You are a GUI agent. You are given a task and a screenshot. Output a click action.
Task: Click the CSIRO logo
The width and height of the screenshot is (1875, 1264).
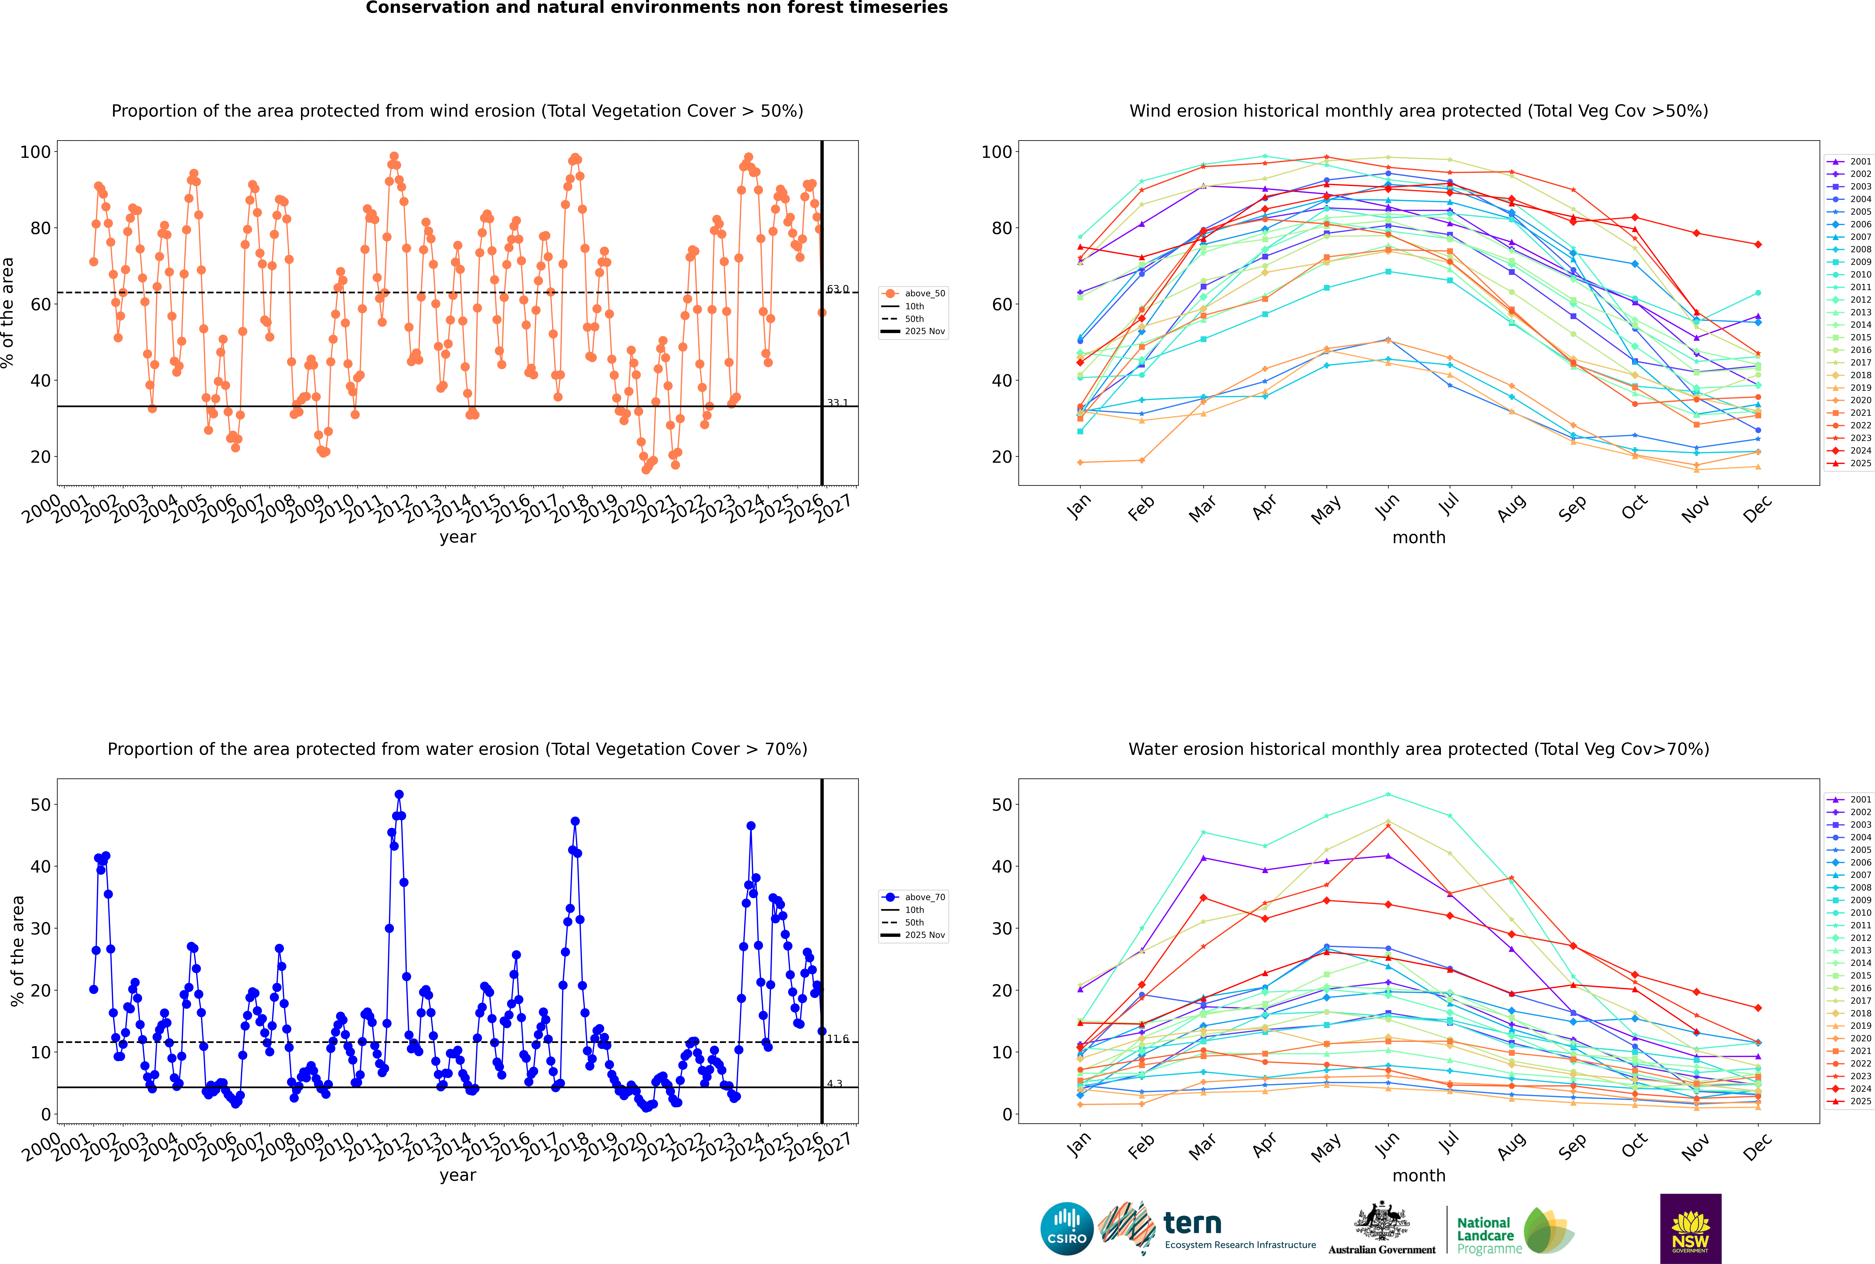tap(1066, 1229)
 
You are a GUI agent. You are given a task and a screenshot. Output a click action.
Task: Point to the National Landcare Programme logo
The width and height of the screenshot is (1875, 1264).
tap(1514, 1230)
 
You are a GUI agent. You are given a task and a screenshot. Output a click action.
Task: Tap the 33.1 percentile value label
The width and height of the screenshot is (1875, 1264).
tap(838, 403)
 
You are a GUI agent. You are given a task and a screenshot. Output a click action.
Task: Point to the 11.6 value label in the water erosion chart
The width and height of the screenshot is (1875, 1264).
tap(838, 1039)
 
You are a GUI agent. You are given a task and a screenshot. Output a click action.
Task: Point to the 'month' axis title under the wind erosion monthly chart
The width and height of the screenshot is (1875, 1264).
tap(1419, 538)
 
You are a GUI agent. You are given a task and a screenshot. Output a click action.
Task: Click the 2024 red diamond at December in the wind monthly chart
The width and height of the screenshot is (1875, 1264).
tap(1758, 244)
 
